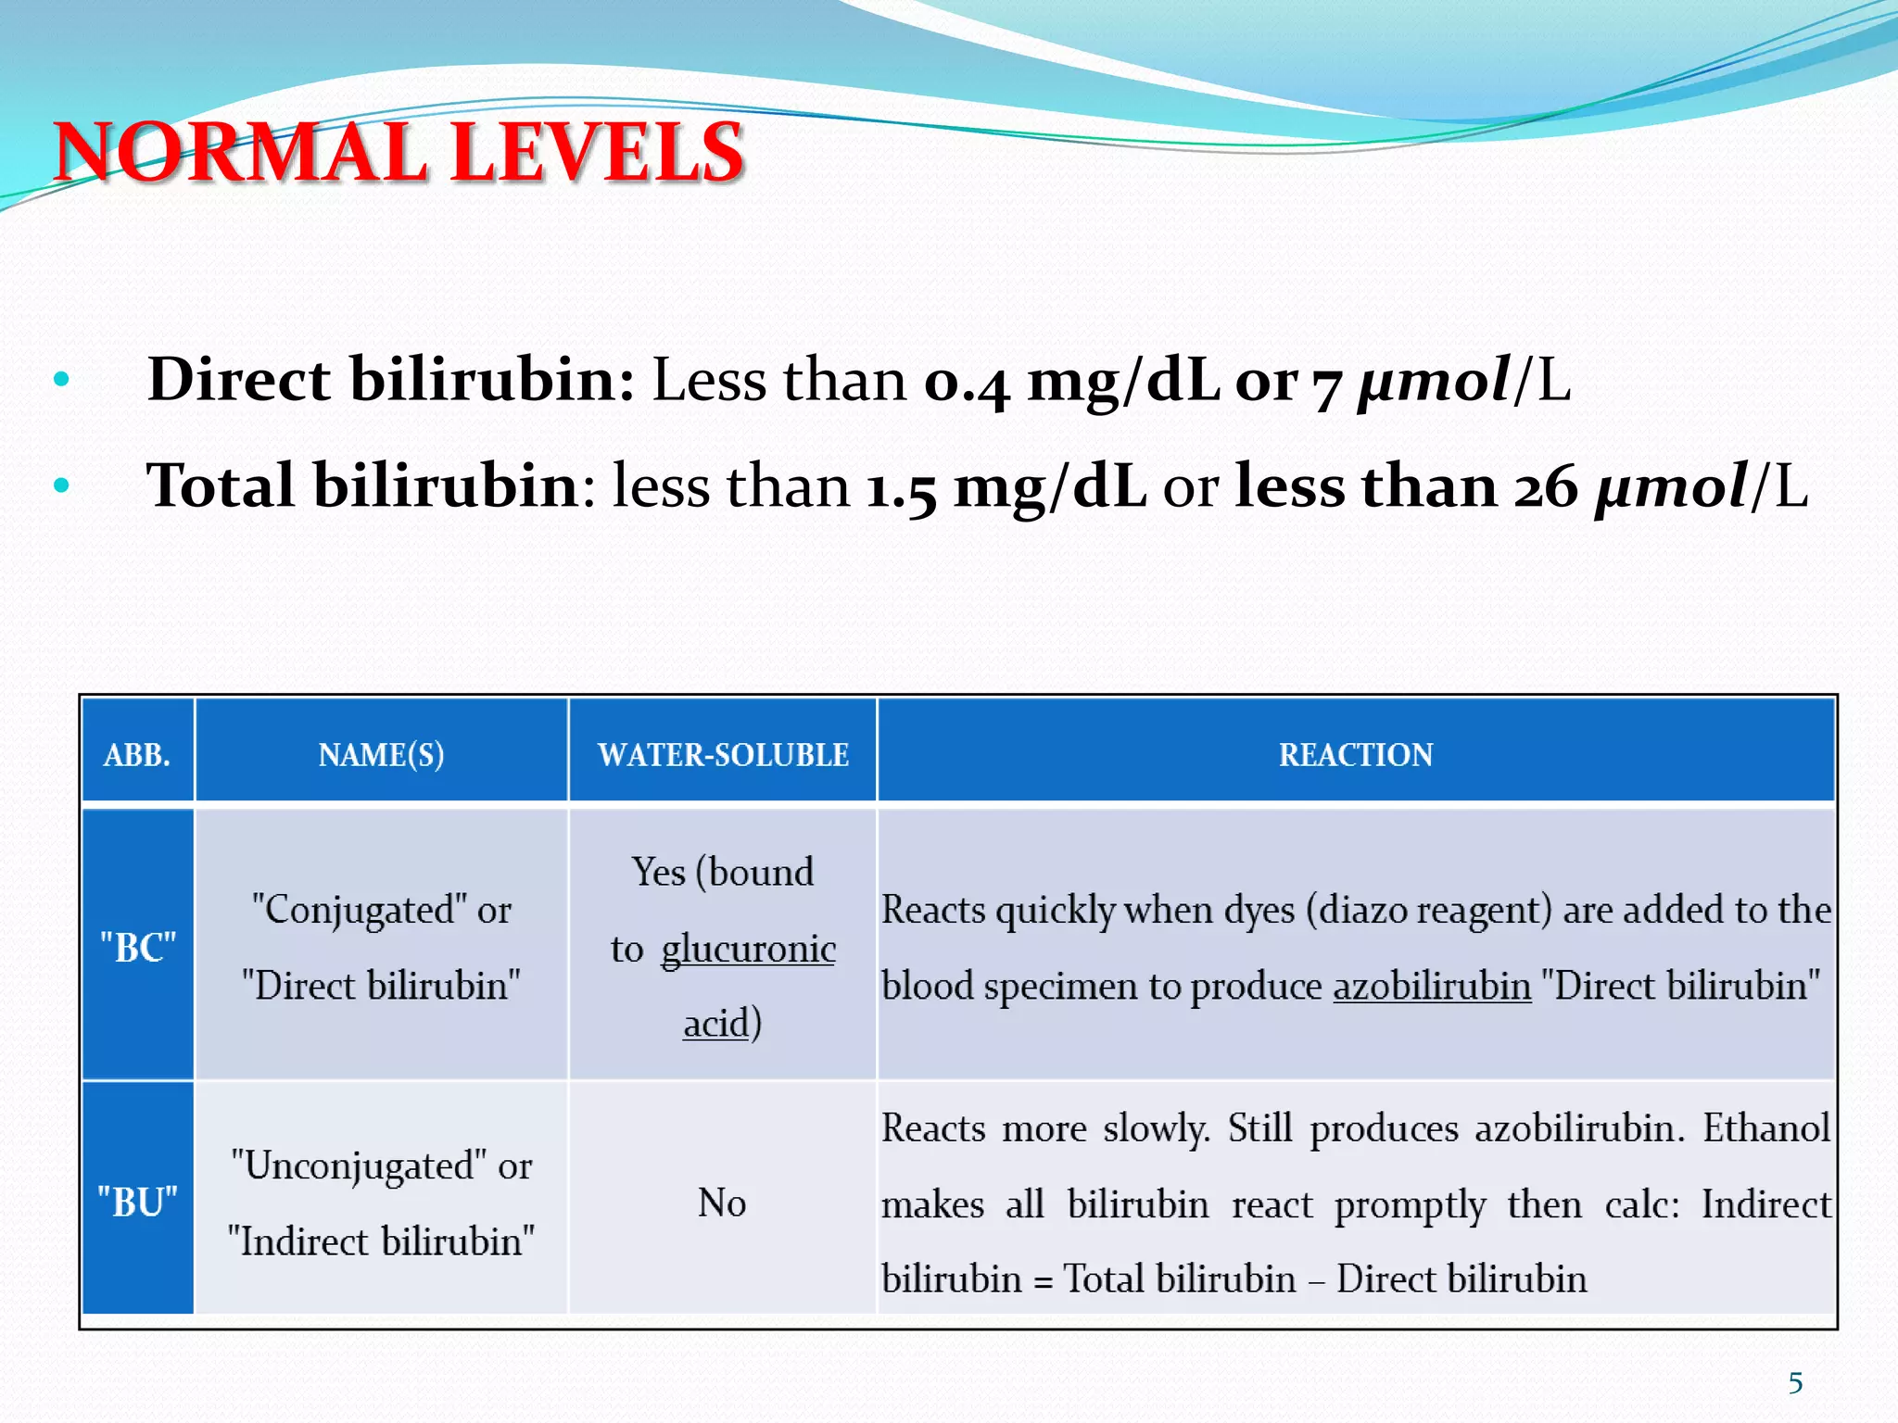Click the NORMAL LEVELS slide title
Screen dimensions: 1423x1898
[399, 153]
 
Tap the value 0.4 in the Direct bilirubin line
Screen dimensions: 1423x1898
[966, 382]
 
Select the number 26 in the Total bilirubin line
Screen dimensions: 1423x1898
[1545, 487]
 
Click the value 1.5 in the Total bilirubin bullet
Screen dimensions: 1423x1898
[901, 487]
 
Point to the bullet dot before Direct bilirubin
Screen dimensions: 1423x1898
[62, 379]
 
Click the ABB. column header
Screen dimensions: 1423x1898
[137, 755]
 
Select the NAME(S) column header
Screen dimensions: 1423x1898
[381, 755]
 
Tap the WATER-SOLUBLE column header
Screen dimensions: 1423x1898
[723, 755]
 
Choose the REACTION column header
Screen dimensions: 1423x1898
[1356, 755]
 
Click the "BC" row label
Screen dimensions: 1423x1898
[137, 948]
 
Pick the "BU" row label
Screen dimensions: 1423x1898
[137, 1203]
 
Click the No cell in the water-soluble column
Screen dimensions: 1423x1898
[722, 1203]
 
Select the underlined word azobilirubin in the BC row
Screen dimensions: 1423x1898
[1432, 986]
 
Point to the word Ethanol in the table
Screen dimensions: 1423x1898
[1766, 1128]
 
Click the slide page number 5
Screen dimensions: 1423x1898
[1795, 1383]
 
